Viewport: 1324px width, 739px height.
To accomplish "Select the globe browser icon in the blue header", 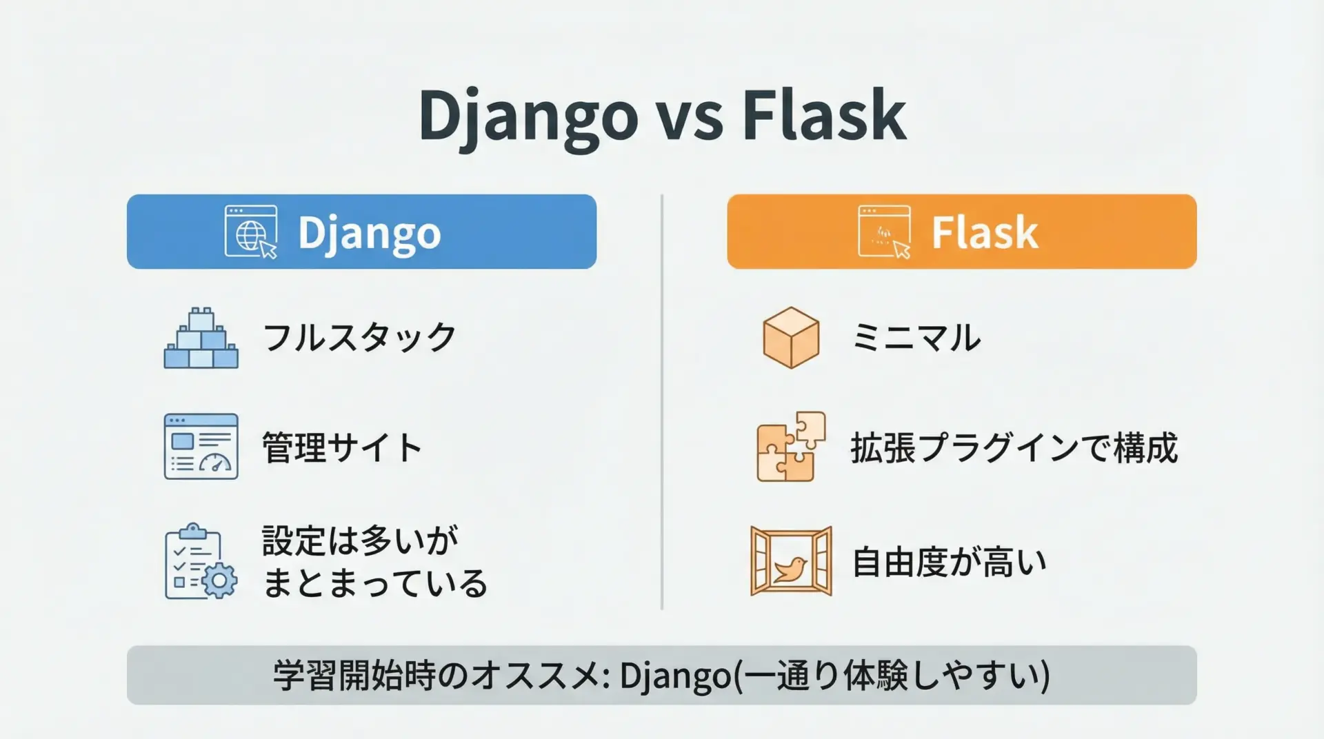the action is click(x=251, y=232).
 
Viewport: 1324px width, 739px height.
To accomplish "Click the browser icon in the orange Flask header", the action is click(x=884, y=232).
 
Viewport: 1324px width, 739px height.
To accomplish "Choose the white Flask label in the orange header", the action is click(x=985, y=232).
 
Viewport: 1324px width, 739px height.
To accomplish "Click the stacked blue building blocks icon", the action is click(x=201, y=338).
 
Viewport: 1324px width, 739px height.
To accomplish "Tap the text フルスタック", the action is click(x=359, y=338).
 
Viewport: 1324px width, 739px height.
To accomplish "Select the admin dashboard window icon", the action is click(x=201, y=447).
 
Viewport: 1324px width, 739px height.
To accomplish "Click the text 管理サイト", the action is click(x=342, y=447).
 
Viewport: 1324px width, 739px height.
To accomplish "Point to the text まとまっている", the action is click(x=375, y=583).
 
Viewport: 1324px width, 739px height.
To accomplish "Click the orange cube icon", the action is click(x=791, y=338).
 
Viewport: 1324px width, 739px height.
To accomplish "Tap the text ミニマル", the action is click(x=916, y=338).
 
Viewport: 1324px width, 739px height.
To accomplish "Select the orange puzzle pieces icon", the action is click(x=791, y=447).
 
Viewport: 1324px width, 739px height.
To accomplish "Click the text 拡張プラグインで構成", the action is click(x=1014, y=447).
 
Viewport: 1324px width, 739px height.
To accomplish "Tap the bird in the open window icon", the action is click(x=790, y=569).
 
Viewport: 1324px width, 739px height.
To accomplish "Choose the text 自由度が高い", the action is click(x=950, y=562).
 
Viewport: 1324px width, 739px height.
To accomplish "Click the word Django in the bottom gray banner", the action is click(x=675, y=676).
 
